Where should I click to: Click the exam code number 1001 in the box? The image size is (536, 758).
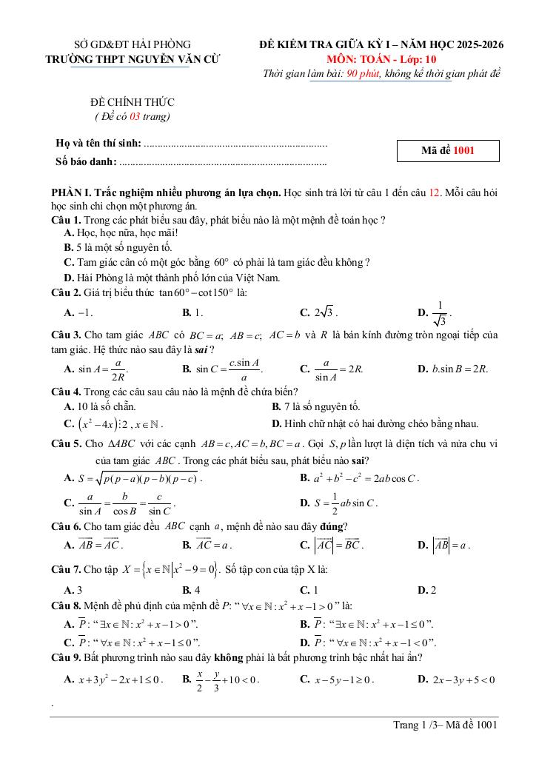[464, 151]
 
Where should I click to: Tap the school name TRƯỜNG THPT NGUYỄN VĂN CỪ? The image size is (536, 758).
[130, 59]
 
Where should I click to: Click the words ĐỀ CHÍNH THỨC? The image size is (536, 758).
[132, 102]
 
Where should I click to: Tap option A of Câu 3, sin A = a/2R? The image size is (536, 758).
[97, 368]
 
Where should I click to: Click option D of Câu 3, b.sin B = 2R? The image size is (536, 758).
[452, 368]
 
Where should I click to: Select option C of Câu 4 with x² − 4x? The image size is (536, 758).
[114, 424]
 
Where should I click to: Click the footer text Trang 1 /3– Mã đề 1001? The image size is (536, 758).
[445, 725]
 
